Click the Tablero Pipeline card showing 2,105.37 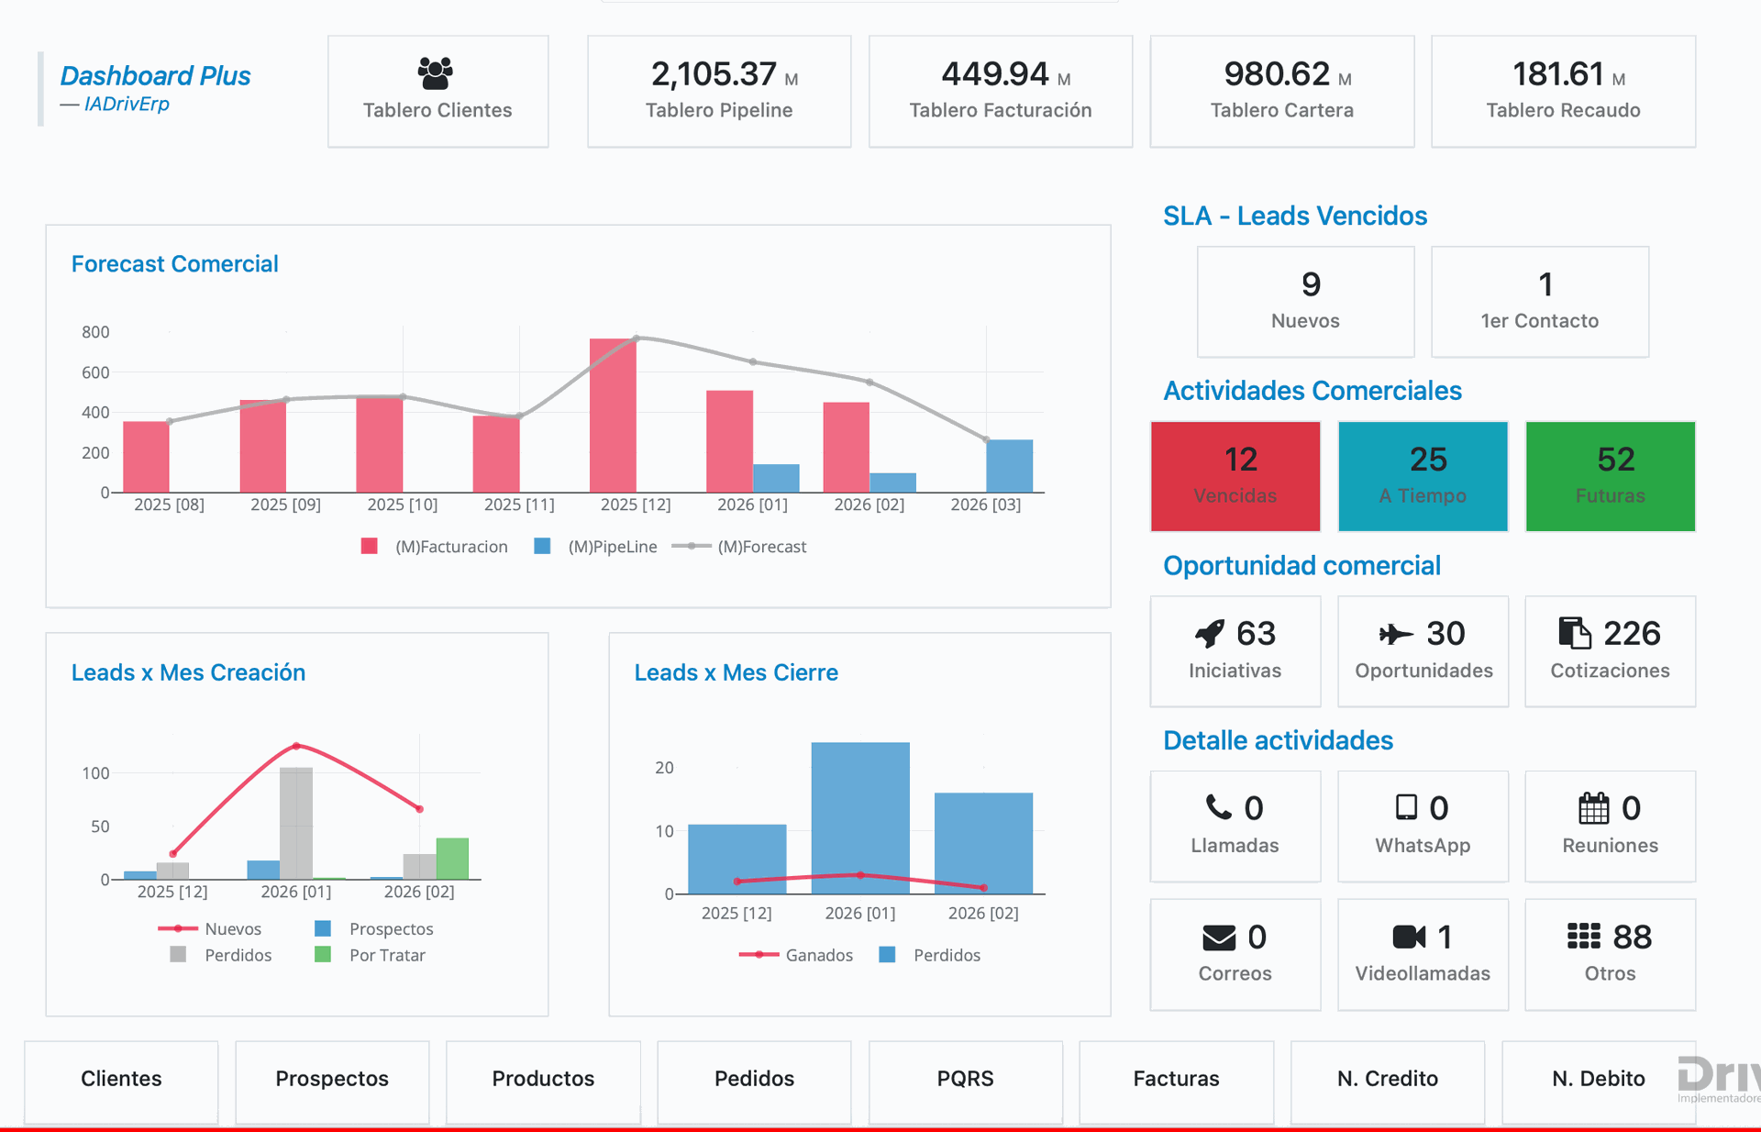pyautogui.click(x=719, y=91)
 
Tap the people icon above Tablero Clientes pyautogui.click(x=436, y=72)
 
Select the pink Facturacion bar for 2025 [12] pyautogui.click(x=613, y=416)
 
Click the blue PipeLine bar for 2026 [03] pyautogui.click(x=1009, y=466)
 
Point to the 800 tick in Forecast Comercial pyautogui.click(x=95, y=332)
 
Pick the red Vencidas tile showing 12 pyautogui.click(x=1235, y=476)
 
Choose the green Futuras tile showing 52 pyautogui.click(x=1610, y=476)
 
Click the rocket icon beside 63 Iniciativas pyautogui.click(x=1210, y=633)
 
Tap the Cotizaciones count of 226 pyautogui.click(x=1632, y=633)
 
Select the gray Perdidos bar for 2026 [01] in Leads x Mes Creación pyautogui.click(x=296, y=823)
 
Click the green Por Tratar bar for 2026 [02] pyautogui.click(x=452, y=859)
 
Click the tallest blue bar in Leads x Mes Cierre pyautogui.click(x=859, y=816)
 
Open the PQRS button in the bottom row pyautogui.click(x=965, y=1079)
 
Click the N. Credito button pyautogui.click(x=1387, y=1079)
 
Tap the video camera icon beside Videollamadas pyautogui.click(x=1409, y=937)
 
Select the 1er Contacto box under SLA pyautogui.click(x=1539, y=302)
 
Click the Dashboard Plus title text pyautogui.click(x=155, y=76)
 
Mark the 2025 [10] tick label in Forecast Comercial pyautogui.click(x=402, y=505)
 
